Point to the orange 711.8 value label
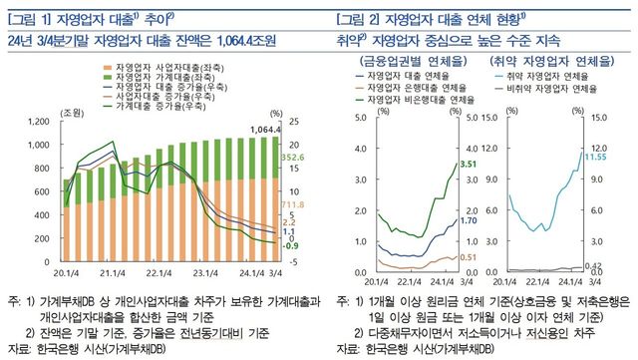pyautogui.click(x=292, y=204)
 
